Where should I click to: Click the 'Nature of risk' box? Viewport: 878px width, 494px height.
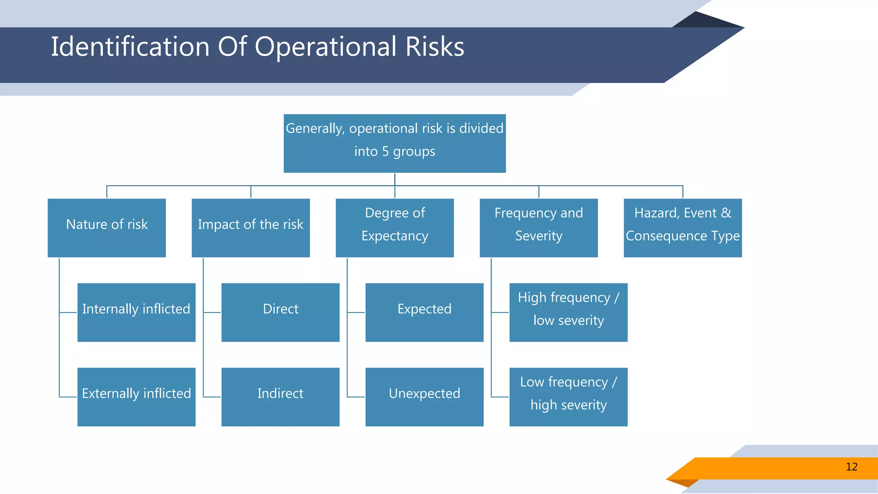click(107, 228)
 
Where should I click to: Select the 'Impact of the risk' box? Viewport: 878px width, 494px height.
click(251, 228)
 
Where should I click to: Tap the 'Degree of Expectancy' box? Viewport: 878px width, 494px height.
click(395, 228)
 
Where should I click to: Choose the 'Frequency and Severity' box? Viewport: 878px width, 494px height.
click(539, 228)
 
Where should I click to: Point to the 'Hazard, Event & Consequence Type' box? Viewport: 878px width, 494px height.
click(683, 228)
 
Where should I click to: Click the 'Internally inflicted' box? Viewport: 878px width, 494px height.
click(136, 312)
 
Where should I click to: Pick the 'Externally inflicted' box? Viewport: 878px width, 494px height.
click(136, 397)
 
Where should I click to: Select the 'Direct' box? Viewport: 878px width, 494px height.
click(280, 312)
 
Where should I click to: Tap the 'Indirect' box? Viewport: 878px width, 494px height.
click(280, 397)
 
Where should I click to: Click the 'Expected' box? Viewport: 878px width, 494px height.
click(424, 312)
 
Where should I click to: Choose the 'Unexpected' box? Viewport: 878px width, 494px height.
click(424, 397)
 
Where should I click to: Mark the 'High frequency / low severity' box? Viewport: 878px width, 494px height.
click(568, 312)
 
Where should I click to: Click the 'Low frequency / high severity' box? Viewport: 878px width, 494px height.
click(568, 397)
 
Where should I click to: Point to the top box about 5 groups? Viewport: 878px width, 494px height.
click(395, 143)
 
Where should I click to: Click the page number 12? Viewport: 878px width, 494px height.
click(851, 467)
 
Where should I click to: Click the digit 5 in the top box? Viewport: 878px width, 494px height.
click(385, 152)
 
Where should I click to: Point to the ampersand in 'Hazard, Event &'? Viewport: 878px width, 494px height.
click(726, 213)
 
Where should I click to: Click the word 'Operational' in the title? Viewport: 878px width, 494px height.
click(326, 47)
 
